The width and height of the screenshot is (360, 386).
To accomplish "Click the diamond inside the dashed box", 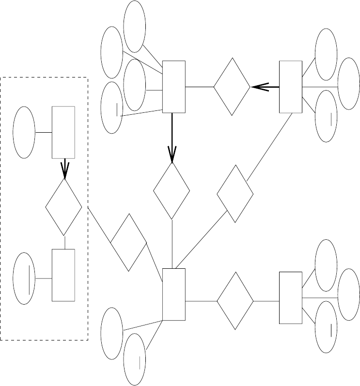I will tap(63, 207).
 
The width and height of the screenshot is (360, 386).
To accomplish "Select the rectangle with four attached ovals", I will tap(173, 87).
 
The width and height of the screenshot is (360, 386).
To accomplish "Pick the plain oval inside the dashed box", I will tap(24, 132).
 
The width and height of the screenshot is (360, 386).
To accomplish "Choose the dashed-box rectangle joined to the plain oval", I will tap(63, 132).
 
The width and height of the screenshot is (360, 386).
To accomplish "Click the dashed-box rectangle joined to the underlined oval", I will tap(63, 275).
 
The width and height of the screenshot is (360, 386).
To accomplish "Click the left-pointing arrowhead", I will tap(259, 87).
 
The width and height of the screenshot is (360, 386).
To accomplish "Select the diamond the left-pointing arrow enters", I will tap(232, 87).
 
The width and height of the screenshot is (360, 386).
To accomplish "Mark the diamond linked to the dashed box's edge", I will tap(128, 242).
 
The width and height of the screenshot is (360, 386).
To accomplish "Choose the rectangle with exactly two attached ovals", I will tap(173, 294).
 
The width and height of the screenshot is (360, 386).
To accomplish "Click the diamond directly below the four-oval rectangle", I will tap(172, 190).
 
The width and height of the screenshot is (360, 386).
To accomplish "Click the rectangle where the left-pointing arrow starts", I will tap(291, 87).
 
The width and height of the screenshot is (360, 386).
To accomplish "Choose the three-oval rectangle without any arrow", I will tap(291, 297).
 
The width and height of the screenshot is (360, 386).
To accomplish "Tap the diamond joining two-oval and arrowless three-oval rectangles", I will tap(235, 301).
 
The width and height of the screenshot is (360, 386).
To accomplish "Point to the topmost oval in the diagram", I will tap(135, 27).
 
